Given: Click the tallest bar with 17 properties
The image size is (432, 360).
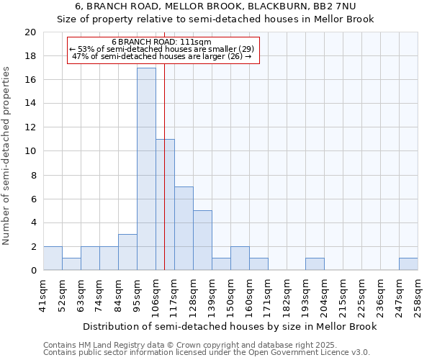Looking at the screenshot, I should (146, 169).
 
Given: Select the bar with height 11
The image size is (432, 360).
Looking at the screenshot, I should (165, 205).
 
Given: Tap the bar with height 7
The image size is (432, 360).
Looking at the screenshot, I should (184, 229).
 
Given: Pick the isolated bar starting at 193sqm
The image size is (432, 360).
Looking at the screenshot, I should (315, 264).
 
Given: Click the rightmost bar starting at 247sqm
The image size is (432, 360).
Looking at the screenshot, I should (408, 264).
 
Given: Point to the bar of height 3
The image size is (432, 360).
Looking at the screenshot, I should (127, 253).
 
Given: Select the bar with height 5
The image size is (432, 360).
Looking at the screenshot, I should (202, 240).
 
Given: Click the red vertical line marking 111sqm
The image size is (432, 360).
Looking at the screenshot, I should (164, 108).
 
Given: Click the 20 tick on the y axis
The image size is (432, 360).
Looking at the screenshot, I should (30, 32).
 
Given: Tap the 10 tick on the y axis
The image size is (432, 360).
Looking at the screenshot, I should (30, 151).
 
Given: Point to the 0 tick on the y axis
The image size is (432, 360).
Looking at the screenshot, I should (32, 271).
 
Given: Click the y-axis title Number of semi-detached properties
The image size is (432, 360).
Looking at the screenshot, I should (7, 156).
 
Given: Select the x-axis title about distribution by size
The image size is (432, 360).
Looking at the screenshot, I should (230, 326).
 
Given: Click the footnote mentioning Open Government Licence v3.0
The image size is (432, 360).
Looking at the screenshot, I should (207, 353).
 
